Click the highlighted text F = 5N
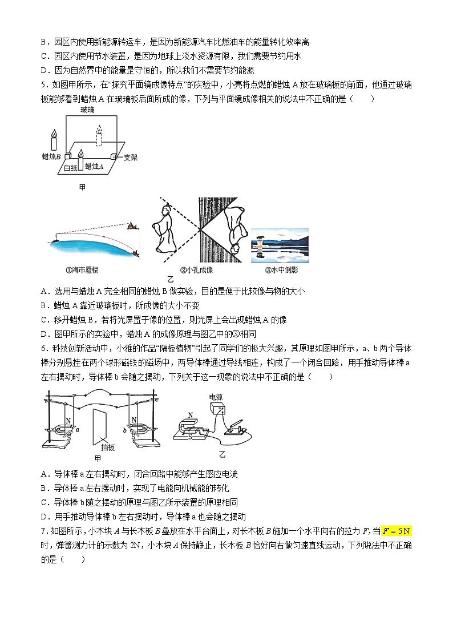(x=396, y=531)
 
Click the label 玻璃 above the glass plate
(x=87, y=110)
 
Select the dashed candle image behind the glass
(x=101, y=135)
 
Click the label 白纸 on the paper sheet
(x=71, y=167)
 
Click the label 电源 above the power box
(x=216, y=397)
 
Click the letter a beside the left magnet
(x=77, y=429)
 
